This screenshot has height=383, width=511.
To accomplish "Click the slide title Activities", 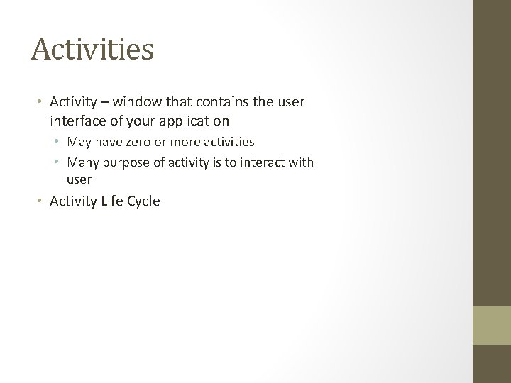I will [x=92, y=50].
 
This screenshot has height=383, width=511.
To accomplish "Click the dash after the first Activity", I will [x=105, y=102].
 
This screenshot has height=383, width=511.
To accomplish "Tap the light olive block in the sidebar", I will [x=491, y=326].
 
